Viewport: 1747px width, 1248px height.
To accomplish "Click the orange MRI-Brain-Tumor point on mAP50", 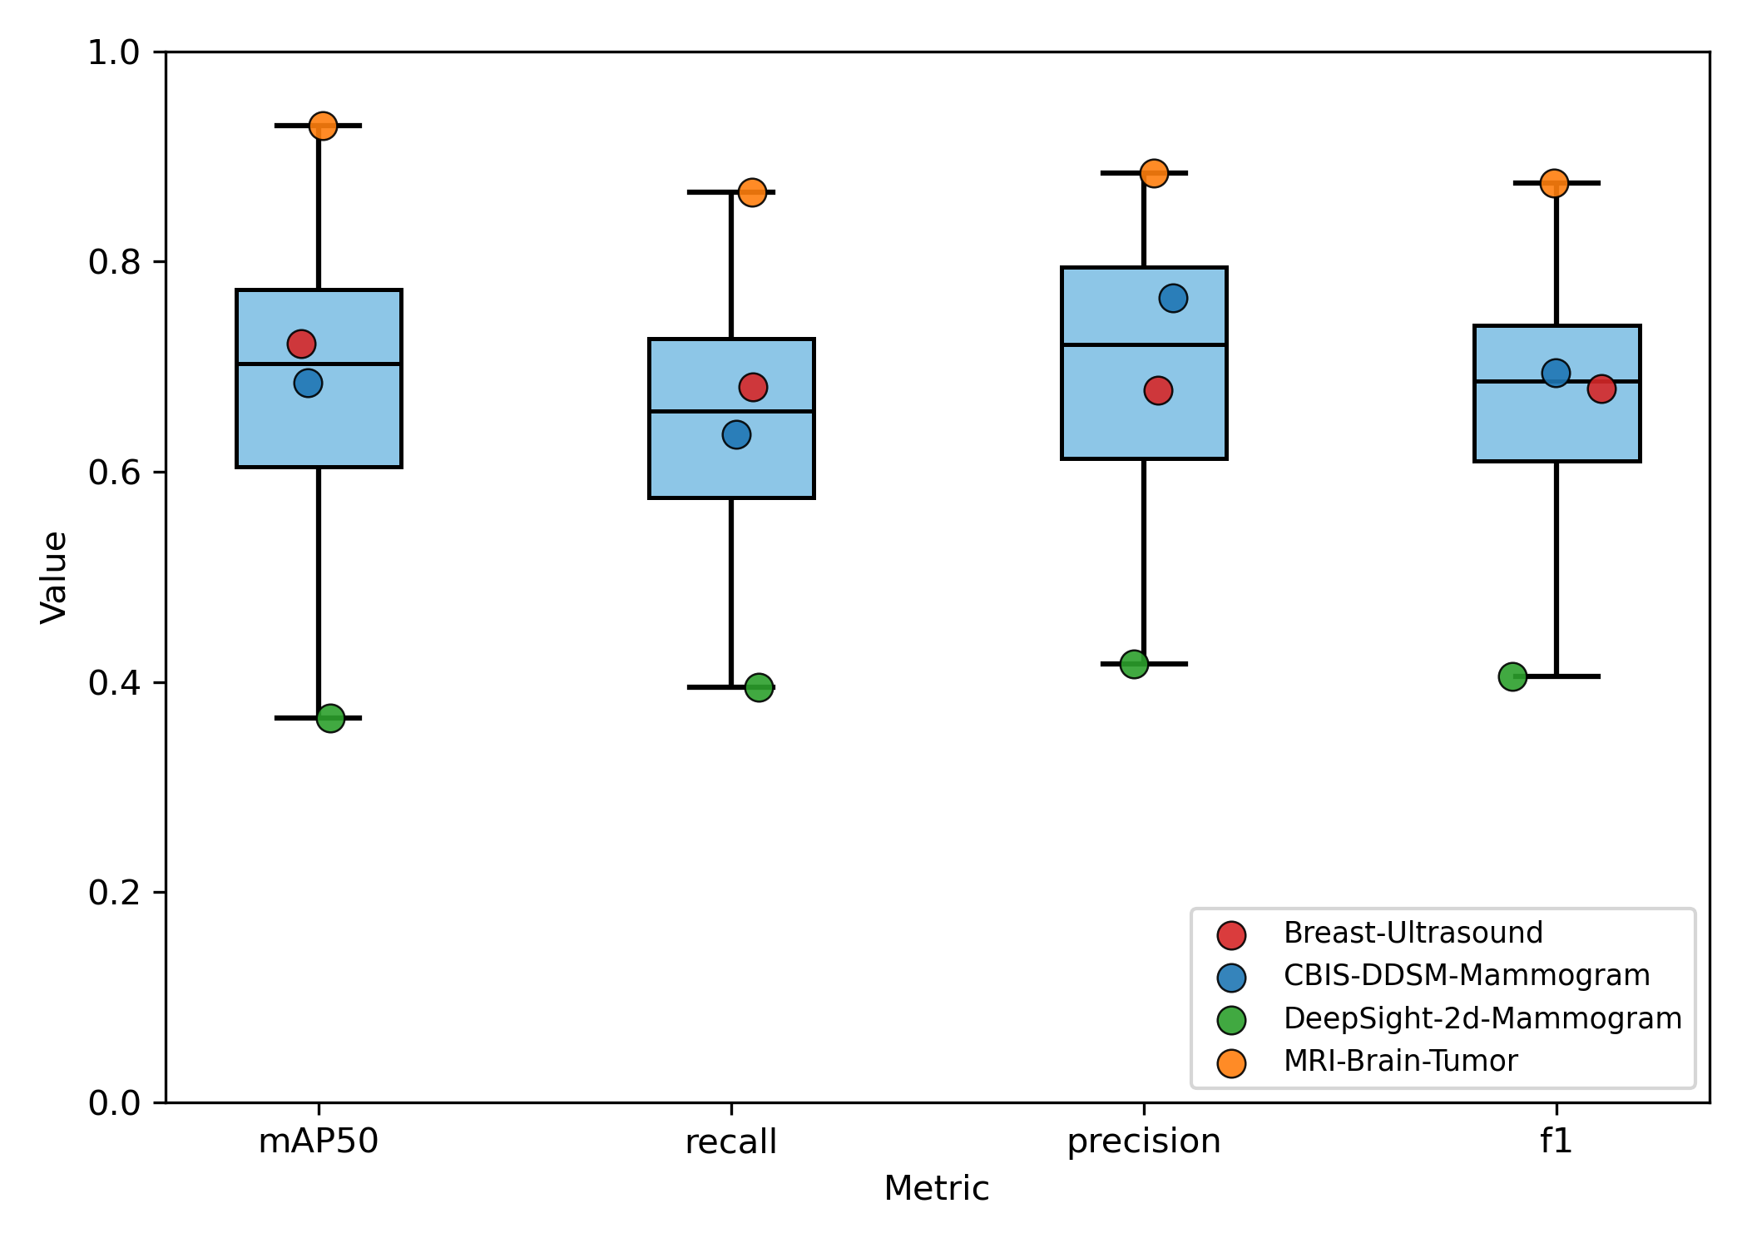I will click(323, 126).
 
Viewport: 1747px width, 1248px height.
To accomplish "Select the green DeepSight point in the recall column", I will click(759, 687).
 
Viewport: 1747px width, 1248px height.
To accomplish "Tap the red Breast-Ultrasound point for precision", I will click(1158, 390).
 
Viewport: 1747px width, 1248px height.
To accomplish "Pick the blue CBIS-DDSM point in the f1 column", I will click(1556, 373).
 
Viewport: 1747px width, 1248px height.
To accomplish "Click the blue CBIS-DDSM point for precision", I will click(1173, 298).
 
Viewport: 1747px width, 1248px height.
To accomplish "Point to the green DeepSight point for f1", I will click(1512, 676).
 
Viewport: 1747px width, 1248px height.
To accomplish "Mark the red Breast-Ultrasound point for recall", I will click(753, 387).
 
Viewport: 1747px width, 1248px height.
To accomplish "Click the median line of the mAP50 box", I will click(358, 364).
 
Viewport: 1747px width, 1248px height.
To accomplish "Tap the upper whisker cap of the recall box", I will click(707, 192).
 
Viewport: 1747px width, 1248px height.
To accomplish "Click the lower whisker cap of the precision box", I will click(1165, 664).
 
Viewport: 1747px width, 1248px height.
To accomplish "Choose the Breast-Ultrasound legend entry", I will click(1413, 933).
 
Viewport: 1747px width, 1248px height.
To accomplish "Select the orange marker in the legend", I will click(1231, 1062).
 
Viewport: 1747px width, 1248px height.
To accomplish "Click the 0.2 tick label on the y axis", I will click(115, 893).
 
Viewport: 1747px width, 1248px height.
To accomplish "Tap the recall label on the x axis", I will click(731, 1142).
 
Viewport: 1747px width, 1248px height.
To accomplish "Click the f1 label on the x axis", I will click(1556, 1141).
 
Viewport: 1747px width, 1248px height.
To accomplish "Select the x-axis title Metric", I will click(937, 1188).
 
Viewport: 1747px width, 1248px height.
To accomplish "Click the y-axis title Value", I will click(54, 577).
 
